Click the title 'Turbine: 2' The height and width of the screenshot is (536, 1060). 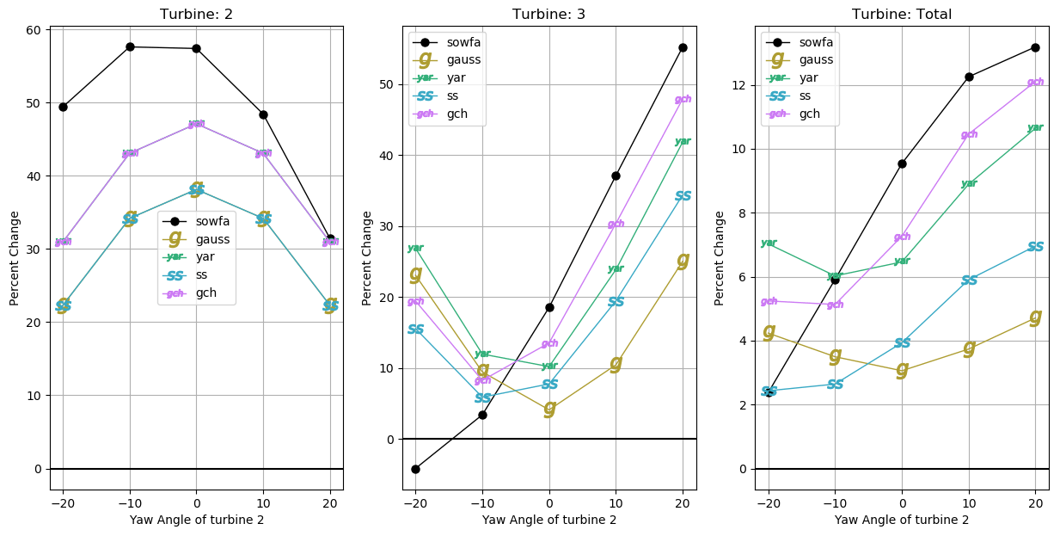tap(196, 14)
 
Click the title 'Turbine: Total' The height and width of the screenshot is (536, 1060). tap(902, 14)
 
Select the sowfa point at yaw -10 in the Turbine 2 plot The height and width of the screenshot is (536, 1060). tap(130, 46)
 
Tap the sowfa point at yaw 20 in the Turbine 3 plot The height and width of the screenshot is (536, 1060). tap(683, 47)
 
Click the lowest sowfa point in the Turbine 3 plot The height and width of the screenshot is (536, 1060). tap(415, 469)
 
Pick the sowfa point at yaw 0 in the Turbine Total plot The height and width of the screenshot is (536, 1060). tap(902, 163)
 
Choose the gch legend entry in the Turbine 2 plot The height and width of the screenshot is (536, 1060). tap(205, 293)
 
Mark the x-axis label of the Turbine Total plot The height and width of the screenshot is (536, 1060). tap(902, 520)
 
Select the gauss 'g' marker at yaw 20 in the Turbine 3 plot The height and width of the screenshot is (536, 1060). tap(683, 260)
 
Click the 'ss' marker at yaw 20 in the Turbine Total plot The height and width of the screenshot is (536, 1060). tap(1035, 247)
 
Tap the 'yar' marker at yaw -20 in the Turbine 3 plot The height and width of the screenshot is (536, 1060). tap(415, 248)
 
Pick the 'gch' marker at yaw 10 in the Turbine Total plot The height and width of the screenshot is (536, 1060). tap(969, 134)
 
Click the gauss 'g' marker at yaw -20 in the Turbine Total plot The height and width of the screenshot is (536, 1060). tap(769, 331)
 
